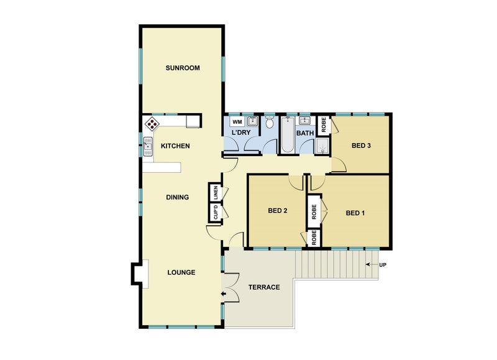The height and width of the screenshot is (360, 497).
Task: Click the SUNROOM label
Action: [183, 68]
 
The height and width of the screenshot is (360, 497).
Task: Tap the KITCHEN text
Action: [175, 146]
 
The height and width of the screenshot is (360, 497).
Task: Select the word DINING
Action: [177, 197]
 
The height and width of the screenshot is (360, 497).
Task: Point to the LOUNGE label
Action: [181, 272]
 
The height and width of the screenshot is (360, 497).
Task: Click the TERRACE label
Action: [264, 287]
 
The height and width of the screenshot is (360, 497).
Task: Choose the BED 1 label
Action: [355, 213]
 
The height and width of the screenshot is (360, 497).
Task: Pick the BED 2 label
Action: [277, 211]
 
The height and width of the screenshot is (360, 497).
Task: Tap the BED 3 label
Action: [361, 146]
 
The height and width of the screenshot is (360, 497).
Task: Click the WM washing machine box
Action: [237, 121]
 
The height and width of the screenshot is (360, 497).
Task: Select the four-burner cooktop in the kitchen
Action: [151, 123]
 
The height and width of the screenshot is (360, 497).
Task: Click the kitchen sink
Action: [148, 147]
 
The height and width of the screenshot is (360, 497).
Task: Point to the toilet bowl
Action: [270, 122]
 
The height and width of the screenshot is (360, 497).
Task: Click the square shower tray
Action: [322, 147]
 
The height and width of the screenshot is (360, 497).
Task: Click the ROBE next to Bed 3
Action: [323, 126]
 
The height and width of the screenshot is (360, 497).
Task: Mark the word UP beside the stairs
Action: [383, 265]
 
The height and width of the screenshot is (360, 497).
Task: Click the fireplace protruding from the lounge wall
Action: [138, 273]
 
